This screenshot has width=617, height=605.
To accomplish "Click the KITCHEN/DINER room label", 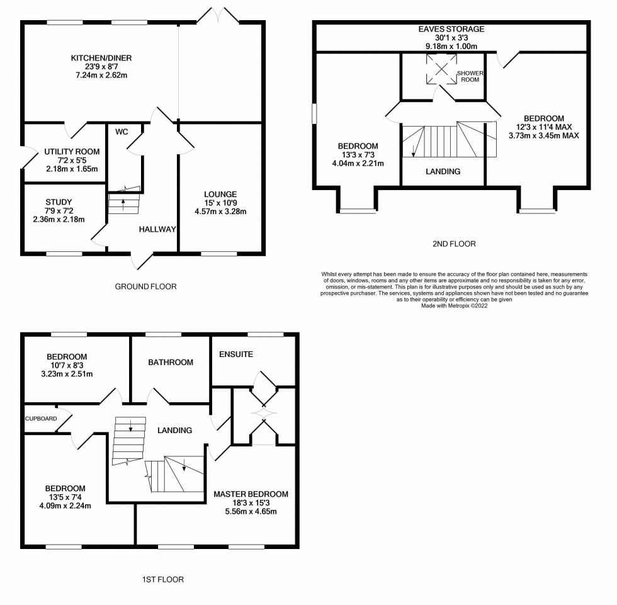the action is click(101, 58).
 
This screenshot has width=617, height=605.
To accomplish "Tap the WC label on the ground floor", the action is click(122, 132).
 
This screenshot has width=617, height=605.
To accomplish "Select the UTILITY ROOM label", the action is click(72, 152).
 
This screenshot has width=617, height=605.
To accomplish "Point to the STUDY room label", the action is click(59, 202).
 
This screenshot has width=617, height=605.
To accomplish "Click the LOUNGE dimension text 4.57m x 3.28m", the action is click(220, 212).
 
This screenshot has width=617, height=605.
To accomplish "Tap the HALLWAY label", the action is click(157, 229).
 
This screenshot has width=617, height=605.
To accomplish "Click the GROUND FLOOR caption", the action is click(145, 286).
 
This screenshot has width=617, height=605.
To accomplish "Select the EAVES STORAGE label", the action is click(451, 29).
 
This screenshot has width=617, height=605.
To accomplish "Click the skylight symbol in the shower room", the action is click(441, 69).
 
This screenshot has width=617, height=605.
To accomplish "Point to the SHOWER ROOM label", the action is click(470, 76).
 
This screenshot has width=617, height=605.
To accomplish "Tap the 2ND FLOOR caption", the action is click(454, 244).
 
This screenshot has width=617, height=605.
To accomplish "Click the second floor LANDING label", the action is click(443, 171).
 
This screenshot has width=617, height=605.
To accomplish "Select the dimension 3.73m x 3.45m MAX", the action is click(544, 136).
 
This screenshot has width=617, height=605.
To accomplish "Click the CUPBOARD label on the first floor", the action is click(41, 419).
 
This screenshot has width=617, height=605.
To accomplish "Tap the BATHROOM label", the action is click(171, 362).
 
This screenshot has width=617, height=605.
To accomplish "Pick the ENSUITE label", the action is click(236, 354).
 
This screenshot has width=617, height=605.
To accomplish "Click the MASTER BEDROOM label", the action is click(251, 494).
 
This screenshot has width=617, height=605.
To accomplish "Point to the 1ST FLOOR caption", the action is click(163, 579).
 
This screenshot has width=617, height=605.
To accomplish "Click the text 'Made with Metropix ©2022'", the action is click(455, 305).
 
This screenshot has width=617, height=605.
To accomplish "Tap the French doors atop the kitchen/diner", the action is click(218, 15).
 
